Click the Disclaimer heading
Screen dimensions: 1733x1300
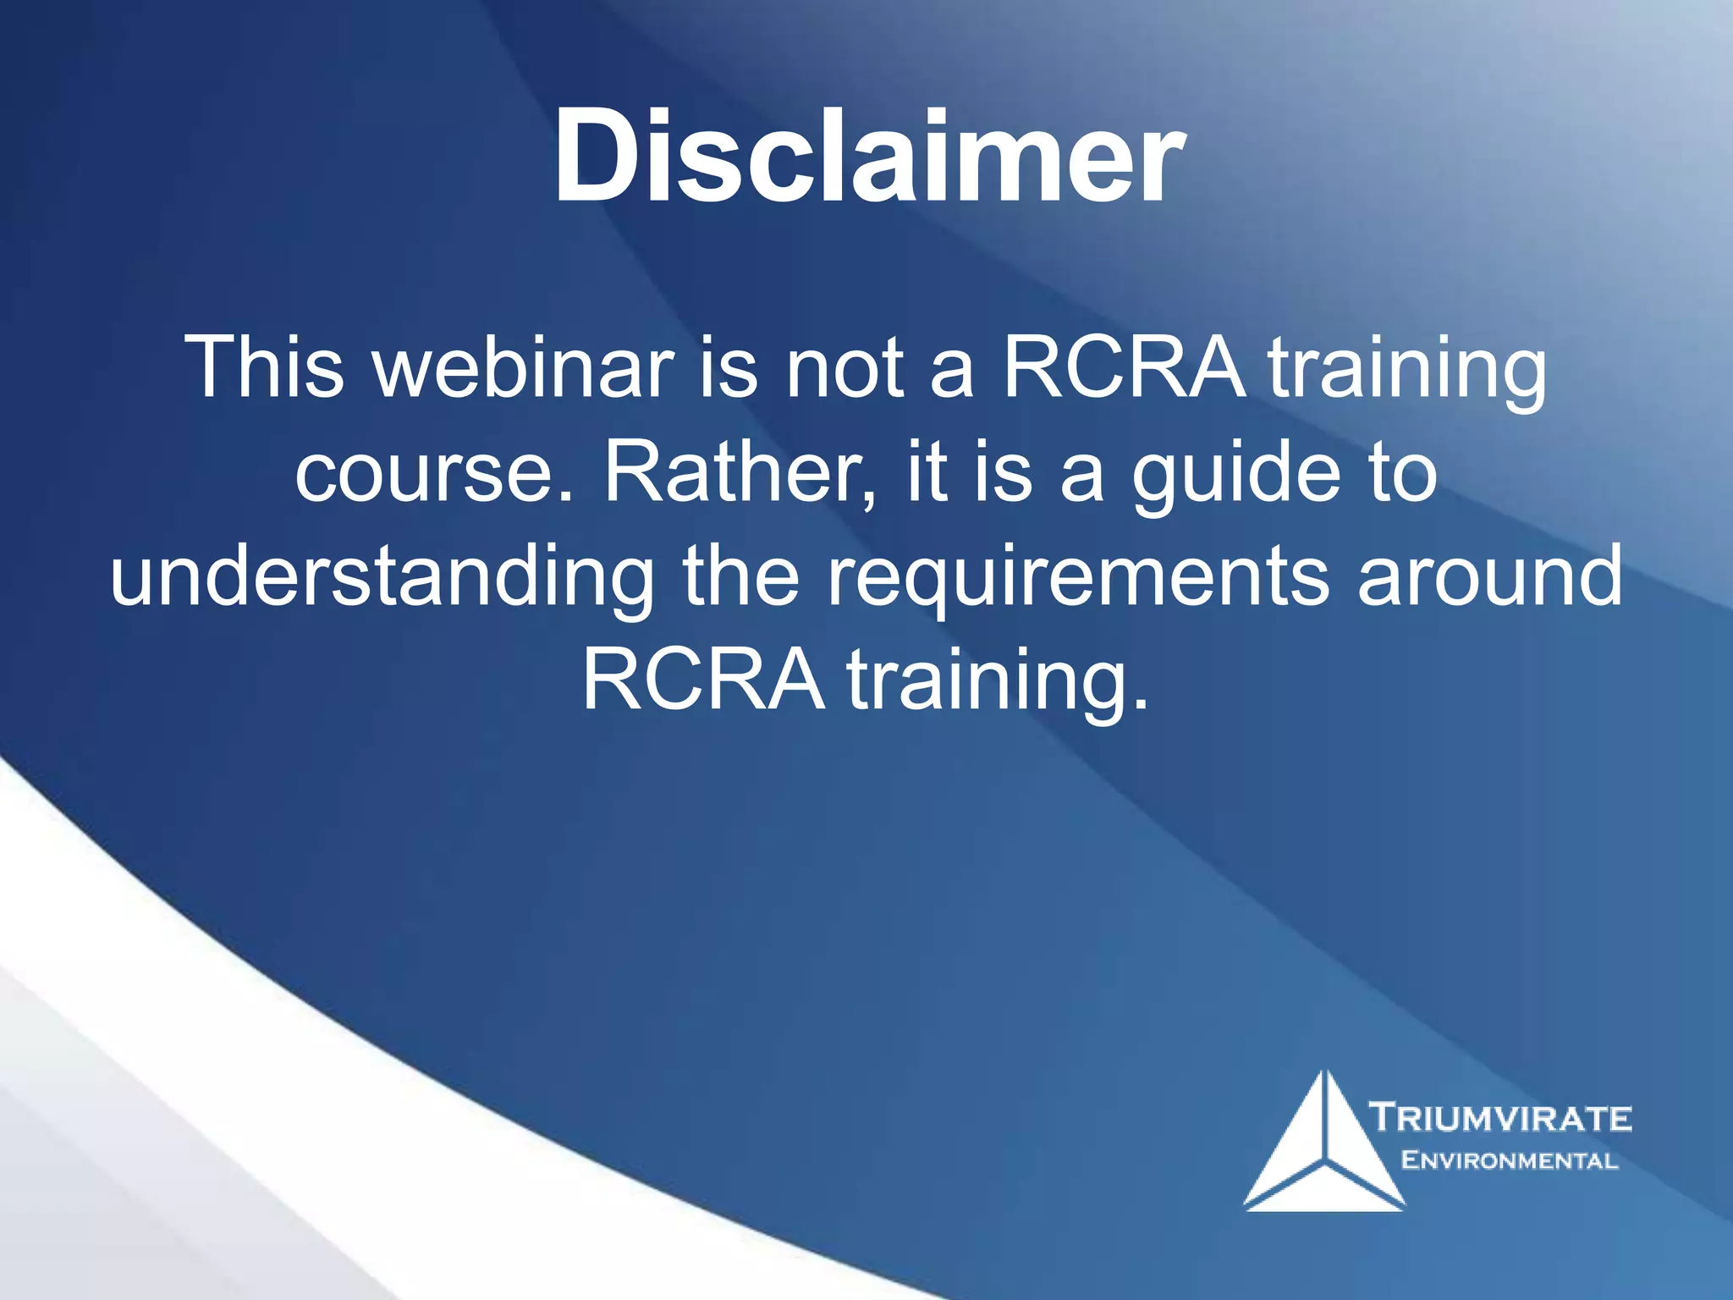(x=868, y=157)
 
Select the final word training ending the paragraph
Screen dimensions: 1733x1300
(x=999, y=685)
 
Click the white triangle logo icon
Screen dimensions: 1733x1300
(x=1323, y=1142)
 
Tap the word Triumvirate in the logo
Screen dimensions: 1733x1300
(x=1500, y=1117)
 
